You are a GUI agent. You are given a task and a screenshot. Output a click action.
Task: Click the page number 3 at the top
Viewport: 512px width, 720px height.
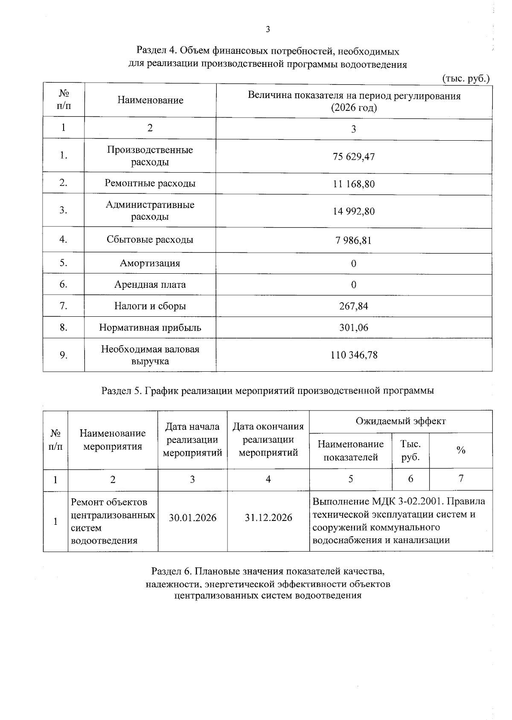(x=268, y=29)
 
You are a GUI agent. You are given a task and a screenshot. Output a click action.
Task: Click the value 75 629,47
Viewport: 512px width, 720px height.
(x=353, y=156)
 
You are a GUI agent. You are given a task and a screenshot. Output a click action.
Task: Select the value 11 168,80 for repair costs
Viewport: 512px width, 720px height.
(x=353, y=184)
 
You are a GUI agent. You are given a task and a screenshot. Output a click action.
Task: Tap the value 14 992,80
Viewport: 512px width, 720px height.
(x=353, y=211)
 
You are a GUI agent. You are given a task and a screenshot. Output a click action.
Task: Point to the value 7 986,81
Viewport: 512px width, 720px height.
(x=353, y=240)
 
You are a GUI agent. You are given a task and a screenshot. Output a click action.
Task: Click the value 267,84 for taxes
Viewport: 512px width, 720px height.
(x=353, y=306)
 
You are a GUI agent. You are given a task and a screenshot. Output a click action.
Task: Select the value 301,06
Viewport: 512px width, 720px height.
(x=353, y=328)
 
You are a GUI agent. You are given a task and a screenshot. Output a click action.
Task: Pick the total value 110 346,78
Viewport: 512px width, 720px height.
(x=353, y=355)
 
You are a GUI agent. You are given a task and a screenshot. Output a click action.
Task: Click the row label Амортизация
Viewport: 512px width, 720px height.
(x=150, y=263)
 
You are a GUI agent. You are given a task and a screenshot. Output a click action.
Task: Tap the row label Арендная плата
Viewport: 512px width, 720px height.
(x=150, y=284)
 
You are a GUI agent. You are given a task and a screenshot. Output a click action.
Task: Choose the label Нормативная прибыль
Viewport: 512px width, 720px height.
(x=150, y=328)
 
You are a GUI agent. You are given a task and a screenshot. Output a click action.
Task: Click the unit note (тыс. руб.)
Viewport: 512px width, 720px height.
(x=465, y=78)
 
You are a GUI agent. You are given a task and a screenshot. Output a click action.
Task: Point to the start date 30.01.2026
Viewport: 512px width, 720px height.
(x=192, y=518)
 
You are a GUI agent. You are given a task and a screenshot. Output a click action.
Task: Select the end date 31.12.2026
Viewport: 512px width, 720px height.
(x=268, y=518)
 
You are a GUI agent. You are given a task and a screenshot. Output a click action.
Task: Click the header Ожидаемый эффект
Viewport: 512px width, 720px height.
(x=401, y=421)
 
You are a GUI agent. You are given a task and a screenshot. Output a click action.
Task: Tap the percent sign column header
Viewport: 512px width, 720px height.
(x=461, y=451)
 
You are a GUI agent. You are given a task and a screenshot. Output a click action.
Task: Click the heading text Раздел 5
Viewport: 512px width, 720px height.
(x=121, y=390)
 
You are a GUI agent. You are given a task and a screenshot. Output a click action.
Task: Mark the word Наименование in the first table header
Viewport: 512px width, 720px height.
(x=150, y=100)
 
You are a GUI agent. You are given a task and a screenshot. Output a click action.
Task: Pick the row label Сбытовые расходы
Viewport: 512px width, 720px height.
(x=150, y=240)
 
